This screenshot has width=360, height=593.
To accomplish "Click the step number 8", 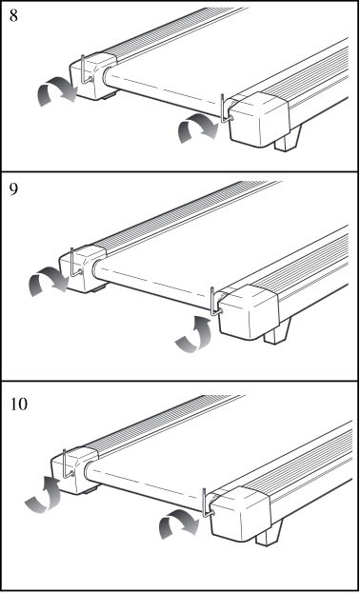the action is [13, 16].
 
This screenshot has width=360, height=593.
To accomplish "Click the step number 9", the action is [13, 189].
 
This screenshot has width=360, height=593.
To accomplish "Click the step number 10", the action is [18, 404].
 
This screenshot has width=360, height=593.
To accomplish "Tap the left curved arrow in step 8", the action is [57, 90].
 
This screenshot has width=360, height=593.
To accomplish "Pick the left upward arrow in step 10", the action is [45, 494].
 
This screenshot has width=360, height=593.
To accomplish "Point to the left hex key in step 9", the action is [73, 263].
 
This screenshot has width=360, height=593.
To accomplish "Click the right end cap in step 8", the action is [259, 119].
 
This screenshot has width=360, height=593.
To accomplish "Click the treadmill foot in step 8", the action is [289, 139].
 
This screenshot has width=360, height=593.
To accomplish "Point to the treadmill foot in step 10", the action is [270, 533].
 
